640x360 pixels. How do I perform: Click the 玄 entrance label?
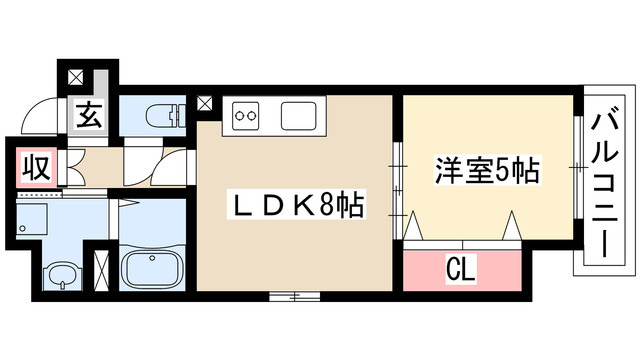[x=87, y=115]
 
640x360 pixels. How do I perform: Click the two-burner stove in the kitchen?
[x=246, y=117]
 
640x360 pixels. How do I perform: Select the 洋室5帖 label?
[x=487, y=170]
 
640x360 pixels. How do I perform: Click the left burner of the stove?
[x=240, y=117]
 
